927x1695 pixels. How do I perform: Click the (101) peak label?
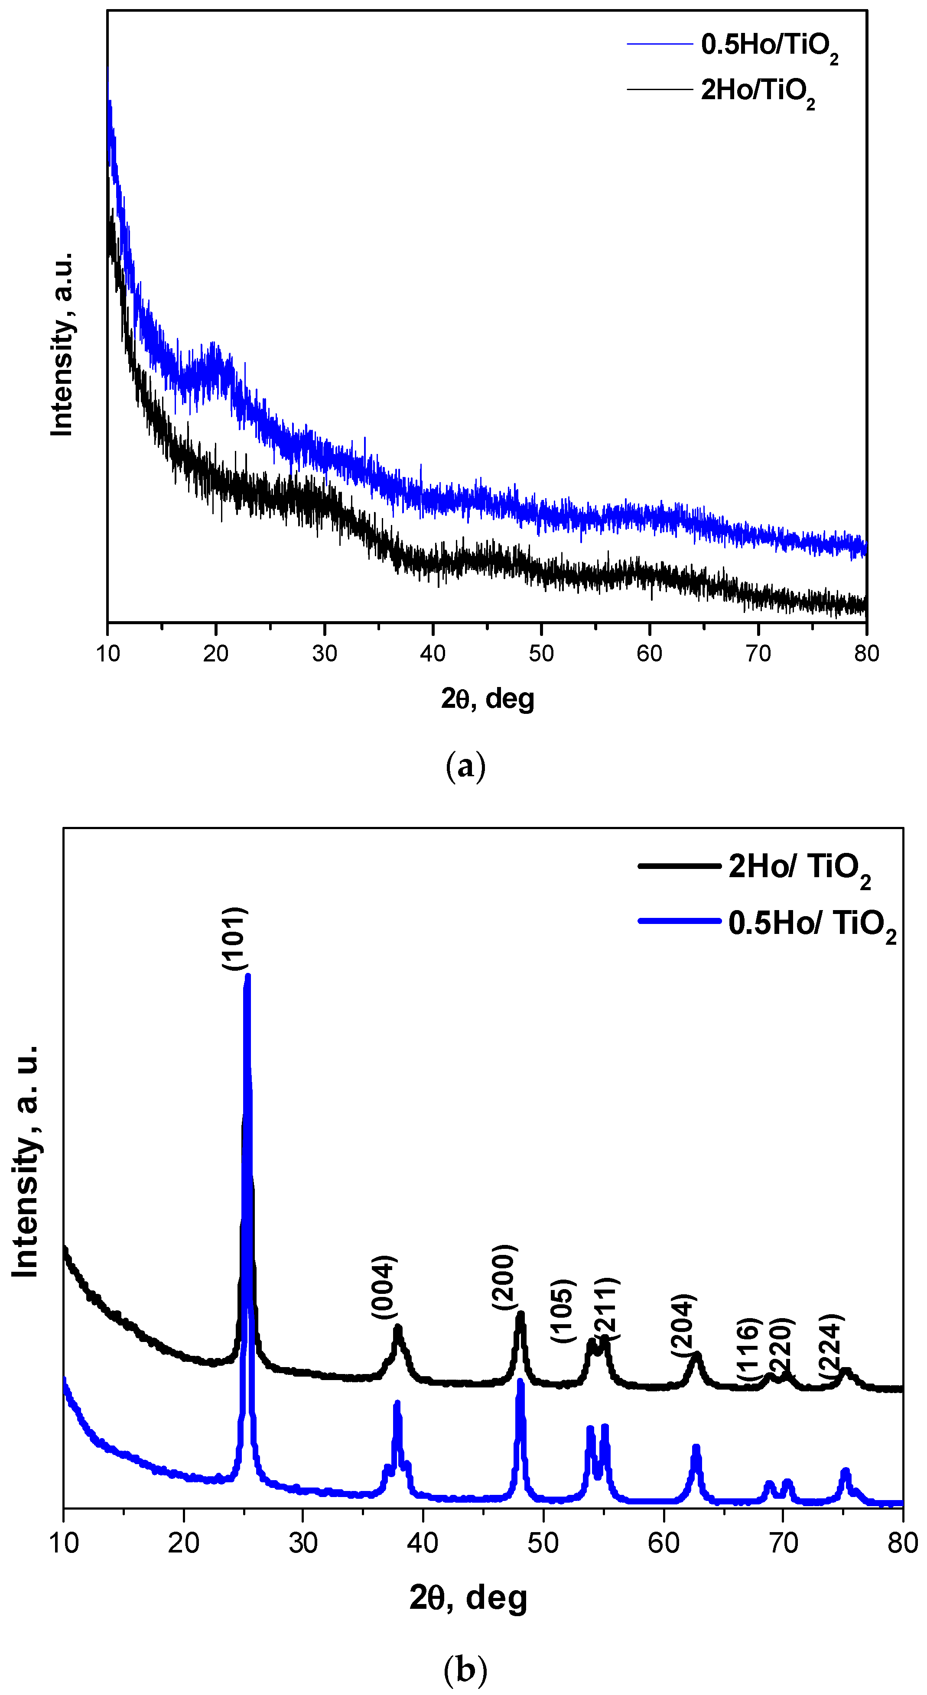[234, 939]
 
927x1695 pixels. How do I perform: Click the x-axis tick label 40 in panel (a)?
[433, 653]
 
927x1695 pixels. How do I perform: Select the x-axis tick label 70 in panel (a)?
[758, 653]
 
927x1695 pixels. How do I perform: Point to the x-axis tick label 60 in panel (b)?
[663, 1543]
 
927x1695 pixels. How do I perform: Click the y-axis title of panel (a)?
[62, 344]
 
